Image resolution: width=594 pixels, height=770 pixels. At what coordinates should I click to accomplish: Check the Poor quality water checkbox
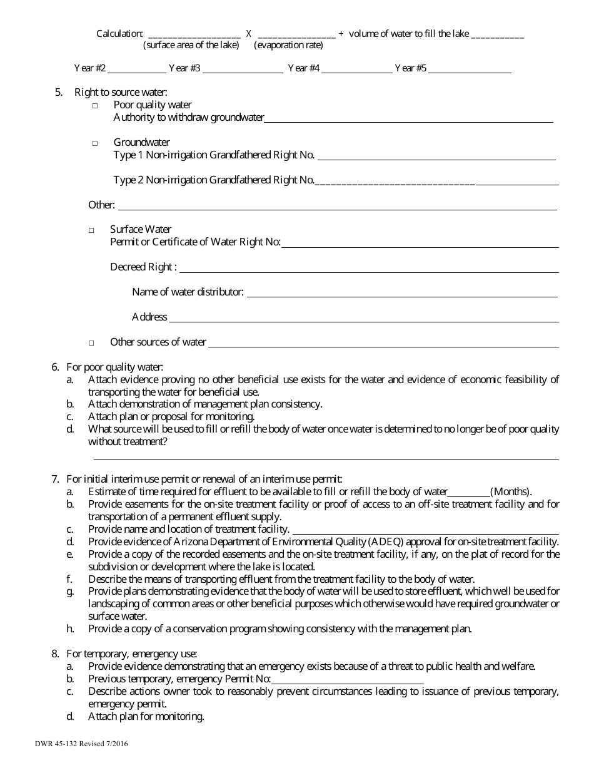click(x=95, y=106)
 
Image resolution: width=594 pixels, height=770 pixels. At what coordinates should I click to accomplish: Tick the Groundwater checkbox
click(x=95, y=143)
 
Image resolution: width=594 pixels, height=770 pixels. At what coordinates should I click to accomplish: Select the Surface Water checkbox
click(x=91, y=230)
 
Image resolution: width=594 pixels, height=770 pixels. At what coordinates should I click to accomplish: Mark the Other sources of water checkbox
click(x=91, y=343)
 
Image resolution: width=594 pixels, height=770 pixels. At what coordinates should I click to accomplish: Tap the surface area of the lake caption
click(x=191, y=45)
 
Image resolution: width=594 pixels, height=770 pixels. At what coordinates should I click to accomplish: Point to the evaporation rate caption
click(x=289, y=45)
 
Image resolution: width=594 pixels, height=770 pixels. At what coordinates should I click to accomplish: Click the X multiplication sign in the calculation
click(x=249, y=34)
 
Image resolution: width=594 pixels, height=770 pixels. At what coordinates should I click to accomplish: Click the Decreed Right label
click(x=143, y=267)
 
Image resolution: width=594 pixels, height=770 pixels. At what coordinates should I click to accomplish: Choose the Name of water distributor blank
click(x=401, y=295)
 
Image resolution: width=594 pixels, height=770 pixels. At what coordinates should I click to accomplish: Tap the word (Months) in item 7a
click(x=511, y=491)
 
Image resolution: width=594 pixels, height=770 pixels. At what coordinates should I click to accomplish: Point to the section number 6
click(x=55, y=367)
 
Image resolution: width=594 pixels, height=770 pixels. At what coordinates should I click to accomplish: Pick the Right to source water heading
click(x=121, y=93)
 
